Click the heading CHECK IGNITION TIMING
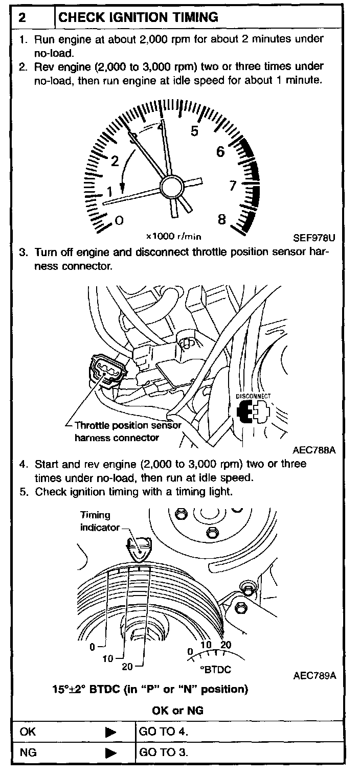pyautogui.click(x=138, y=17)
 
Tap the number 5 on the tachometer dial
pyautogui.click(x=194, y=131)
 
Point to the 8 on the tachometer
pyautogui.click(x=222, y=219)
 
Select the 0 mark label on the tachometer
pyautogui.click(x=119, y=220)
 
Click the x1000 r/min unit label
pyautogui.click(x=173, y=237)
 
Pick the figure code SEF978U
pyautogui.click(x=313, y=237)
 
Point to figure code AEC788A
pyautogui.click(x=314, y=450)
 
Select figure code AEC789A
pyautogui.click(x=314, y=675)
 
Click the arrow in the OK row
pyautogui.click(x=110, y=732)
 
